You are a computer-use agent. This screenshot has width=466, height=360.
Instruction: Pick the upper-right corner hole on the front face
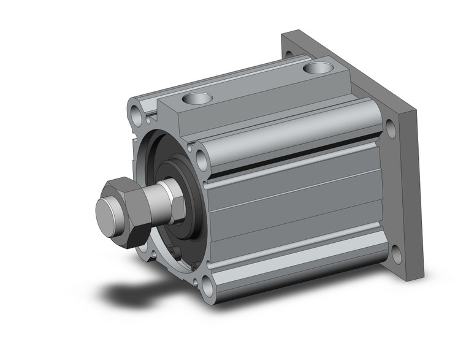(202, 161)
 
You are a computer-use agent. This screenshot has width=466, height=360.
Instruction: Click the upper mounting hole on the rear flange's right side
(391, 129)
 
